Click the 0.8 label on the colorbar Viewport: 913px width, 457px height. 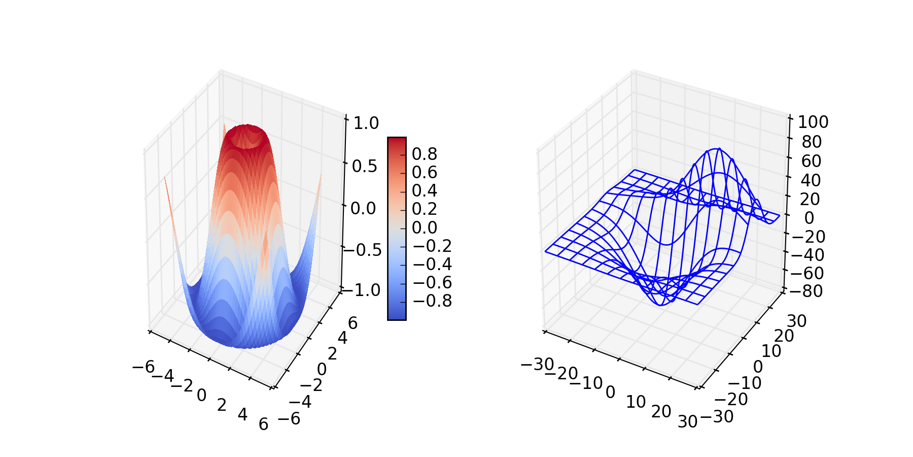coord(424,154)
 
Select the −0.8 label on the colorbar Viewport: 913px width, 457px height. coord(432,301)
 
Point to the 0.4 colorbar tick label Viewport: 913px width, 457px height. coord(424,190)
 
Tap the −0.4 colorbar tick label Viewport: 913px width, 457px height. coord(432,264)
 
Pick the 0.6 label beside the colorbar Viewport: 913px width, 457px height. coord(424,172)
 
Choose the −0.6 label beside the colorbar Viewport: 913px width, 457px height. coord(432,282)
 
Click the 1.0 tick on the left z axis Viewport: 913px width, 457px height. coord(366,123)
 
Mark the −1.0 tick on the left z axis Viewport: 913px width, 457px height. coord(361,290)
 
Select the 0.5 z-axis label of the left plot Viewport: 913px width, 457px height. coord(365,166)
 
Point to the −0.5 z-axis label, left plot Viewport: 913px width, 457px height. coord(362,250)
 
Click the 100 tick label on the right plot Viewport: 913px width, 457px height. coord(813,122)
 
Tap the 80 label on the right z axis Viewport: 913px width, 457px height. coord(812,142)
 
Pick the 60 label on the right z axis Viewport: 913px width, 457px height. coord(811,161)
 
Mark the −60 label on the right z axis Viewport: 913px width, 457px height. coord(804,273)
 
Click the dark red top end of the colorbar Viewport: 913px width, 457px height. coord(397,141)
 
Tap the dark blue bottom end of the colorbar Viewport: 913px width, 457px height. coord(397,316)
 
